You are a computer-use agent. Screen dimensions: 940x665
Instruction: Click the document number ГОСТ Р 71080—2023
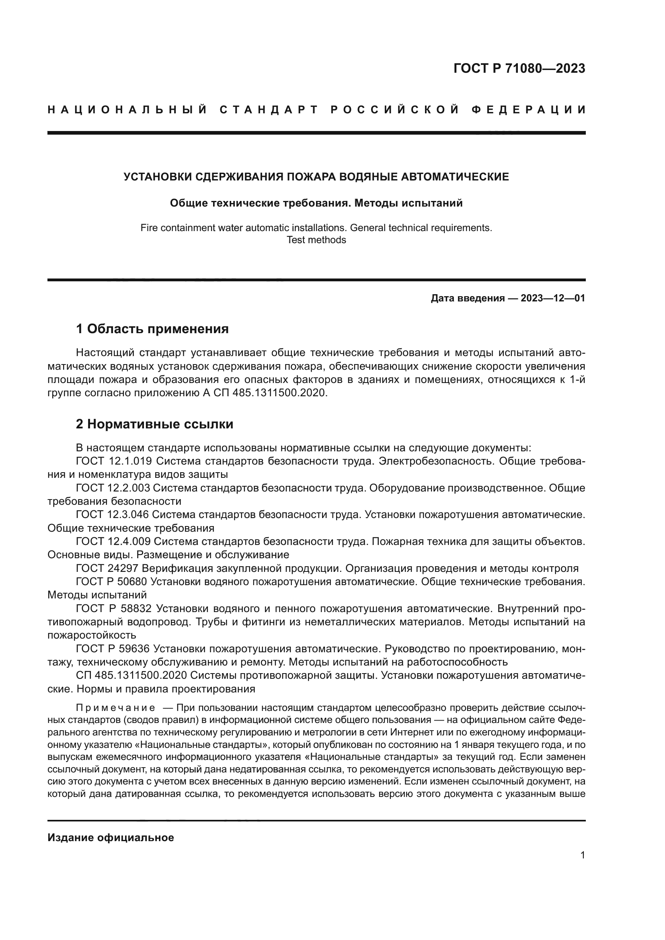click(x=519, y=68)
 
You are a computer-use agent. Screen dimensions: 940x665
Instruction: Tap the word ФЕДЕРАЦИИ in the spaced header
click(x=529, y=110)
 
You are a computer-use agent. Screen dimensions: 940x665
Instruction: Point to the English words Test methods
click(x=316, y=240)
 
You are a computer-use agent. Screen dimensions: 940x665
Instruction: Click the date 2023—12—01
click(x=553, y=298)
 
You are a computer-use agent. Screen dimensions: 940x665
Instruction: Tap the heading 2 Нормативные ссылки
click(x=154, y=424)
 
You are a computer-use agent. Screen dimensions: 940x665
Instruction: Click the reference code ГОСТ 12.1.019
click(x=114, y=461)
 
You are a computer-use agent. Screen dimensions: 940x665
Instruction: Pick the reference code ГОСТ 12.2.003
click(x=113, y=488)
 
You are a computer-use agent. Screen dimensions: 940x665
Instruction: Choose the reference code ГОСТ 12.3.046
click(x=113, y=515)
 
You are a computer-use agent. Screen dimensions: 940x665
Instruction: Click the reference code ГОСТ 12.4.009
click(x=113, y=541)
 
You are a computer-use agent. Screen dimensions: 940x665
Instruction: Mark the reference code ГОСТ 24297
click(x=104, y=568)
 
